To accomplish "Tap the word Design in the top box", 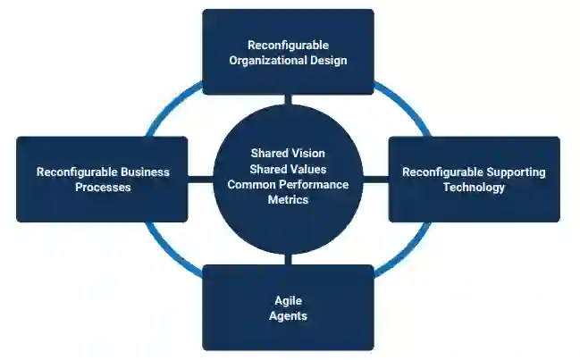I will coord(327,61).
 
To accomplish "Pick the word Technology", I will coord(474,188).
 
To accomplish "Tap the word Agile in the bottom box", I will coord(288,301).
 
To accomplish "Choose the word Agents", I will coord(288,316).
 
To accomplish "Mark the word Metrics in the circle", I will coord(288,200).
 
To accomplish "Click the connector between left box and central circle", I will coord(201,180).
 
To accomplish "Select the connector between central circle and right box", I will coord(376,180).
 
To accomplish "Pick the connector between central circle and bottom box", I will coord(288,260).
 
